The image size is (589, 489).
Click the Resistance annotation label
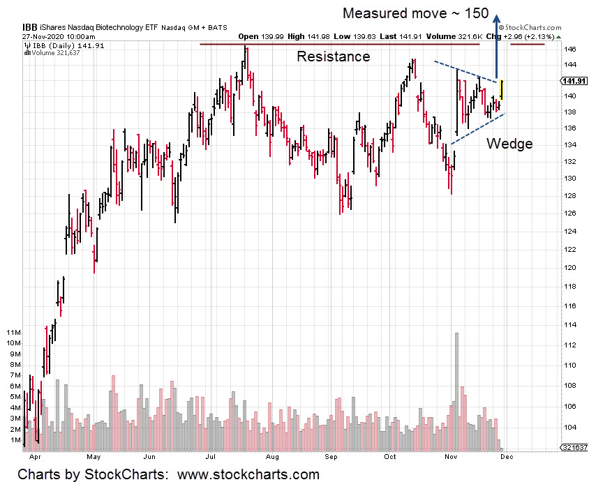tap(334, 57)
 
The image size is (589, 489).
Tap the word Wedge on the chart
tap(509, 144)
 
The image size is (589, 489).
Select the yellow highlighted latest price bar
tap(502, 89)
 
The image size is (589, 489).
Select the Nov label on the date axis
tap(451, 458)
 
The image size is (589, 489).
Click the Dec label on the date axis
tap(507, 458)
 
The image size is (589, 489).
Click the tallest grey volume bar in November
tap(456, 391)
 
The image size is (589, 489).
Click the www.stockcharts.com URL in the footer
tap(248, 475)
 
